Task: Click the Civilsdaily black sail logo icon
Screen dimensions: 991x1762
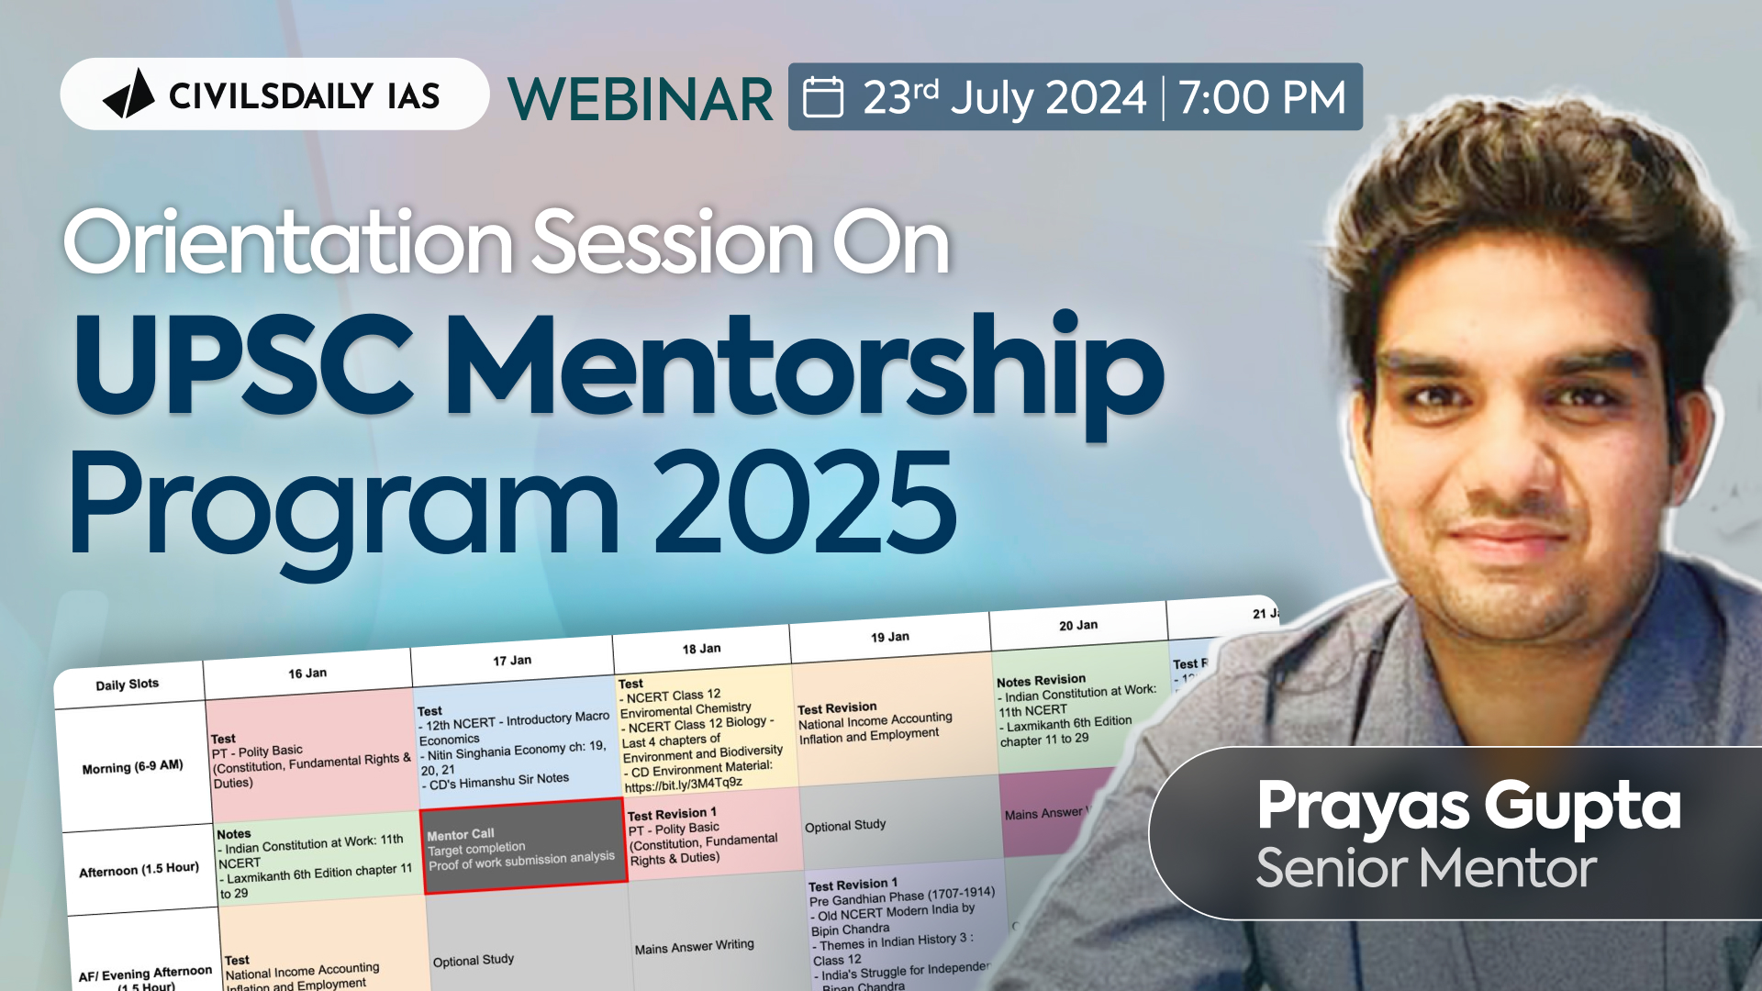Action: coord(128,95)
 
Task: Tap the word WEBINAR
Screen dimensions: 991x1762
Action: coord(641,98)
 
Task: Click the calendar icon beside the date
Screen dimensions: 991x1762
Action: coord(823,97)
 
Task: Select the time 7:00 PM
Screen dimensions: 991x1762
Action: coord(1262,97)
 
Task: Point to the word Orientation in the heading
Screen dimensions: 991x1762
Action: coord(287,242)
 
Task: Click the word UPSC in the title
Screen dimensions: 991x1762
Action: coord(244,367)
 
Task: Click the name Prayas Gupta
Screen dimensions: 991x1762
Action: coord(1468,806)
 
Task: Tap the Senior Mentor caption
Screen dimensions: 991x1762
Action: coord(1426,868)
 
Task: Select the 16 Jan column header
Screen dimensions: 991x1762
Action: coord(307,674)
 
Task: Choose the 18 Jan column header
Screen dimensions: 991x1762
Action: coord(701,649)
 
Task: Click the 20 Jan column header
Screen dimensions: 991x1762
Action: coord(1078,626)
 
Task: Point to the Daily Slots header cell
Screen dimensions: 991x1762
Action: coord(128,685)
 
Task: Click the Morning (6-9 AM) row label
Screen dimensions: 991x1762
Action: coord(133,767)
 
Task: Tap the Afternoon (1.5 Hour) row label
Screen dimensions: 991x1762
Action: coord(139,869)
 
